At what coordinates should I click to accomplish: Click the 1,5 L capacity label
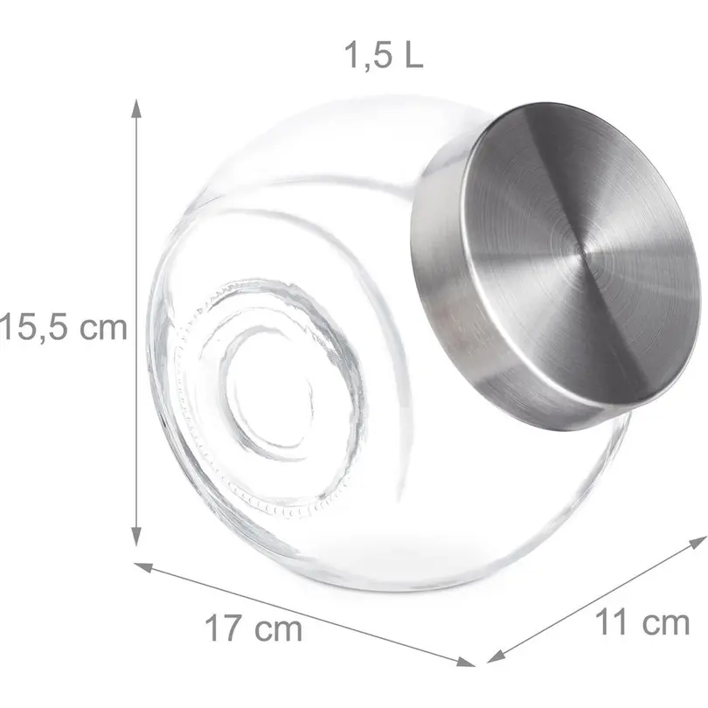point(384,56)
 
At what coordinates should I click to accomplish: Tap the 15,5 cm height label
point(64,328)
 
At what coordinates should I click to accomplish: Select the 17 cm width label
point(253,628)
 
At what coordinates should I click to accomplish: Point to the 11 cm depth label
point(642,622)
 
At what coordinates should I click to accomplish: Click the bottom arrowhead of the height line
point(135,538)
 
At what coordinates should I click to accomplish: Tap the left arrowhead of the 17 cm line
point(144,567)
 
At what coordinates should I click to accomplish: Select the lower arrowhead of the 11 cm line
point(496,656)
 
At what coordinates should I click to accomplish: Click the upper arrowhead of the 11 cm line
point(698,541)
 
